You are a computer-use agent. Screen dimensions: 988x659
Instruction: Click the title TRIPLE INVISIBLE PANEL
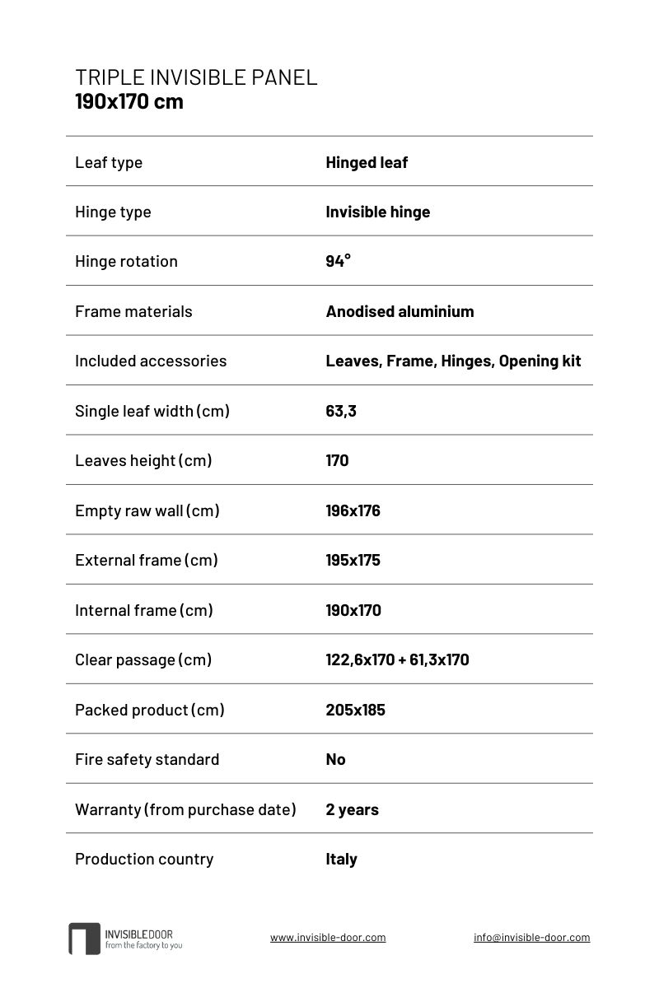click(196, 77)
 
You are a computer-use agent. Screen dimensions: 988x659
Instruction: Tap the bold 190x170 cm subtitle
click(129, 102)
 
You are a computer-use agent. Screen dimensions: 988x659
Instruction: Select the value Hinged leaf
click(367, 162)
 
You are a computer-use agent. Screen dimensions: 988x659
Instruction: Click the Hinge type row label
click(113, 212)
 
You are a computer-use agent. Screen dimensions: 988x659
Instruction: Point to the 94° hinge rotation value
click(338, 261)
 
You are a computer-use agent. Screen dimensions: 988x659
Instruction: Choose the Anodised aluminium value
click(400, 311)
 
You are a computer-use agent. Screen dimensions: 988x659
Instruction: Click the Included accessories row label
click(151, 361)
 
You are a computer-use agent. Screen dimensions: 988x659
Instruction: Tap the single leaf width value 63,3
click(341, 411)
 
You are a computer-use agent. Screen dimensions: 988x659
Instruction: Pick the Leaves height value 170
click(337, 460)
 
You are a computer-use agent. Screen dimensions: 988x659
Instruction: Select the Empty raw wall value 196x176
click(353, 510)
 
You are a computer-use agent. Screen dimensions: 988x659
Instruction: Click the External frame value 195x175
click(353, 560)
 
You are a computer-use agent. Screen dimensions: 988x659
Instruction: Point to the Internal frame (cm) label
click(144, 610)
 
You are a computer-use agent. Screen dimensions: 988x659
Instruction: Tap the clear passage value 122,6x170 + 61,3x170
click(397, 659)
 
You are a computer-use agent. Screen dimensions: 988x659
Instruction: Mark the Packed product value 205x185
click(355, 710)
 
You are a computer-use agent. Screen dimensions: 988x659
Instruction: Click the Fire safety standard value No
click(335, 759)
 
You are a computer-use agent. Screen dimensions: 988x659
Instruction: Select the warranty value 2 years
click(352, 809)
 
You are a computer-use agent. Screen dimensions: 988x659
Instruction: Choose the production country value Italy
click(341, 859)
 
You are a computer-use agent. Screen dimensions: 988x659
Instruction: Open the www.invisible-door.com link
click(328, 937)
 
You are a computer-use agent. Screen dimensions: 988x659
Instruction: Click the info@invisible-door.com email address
click(531, 937)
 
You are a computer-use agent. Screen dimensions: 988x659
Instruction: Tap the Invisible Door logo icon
click(84, 938)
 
